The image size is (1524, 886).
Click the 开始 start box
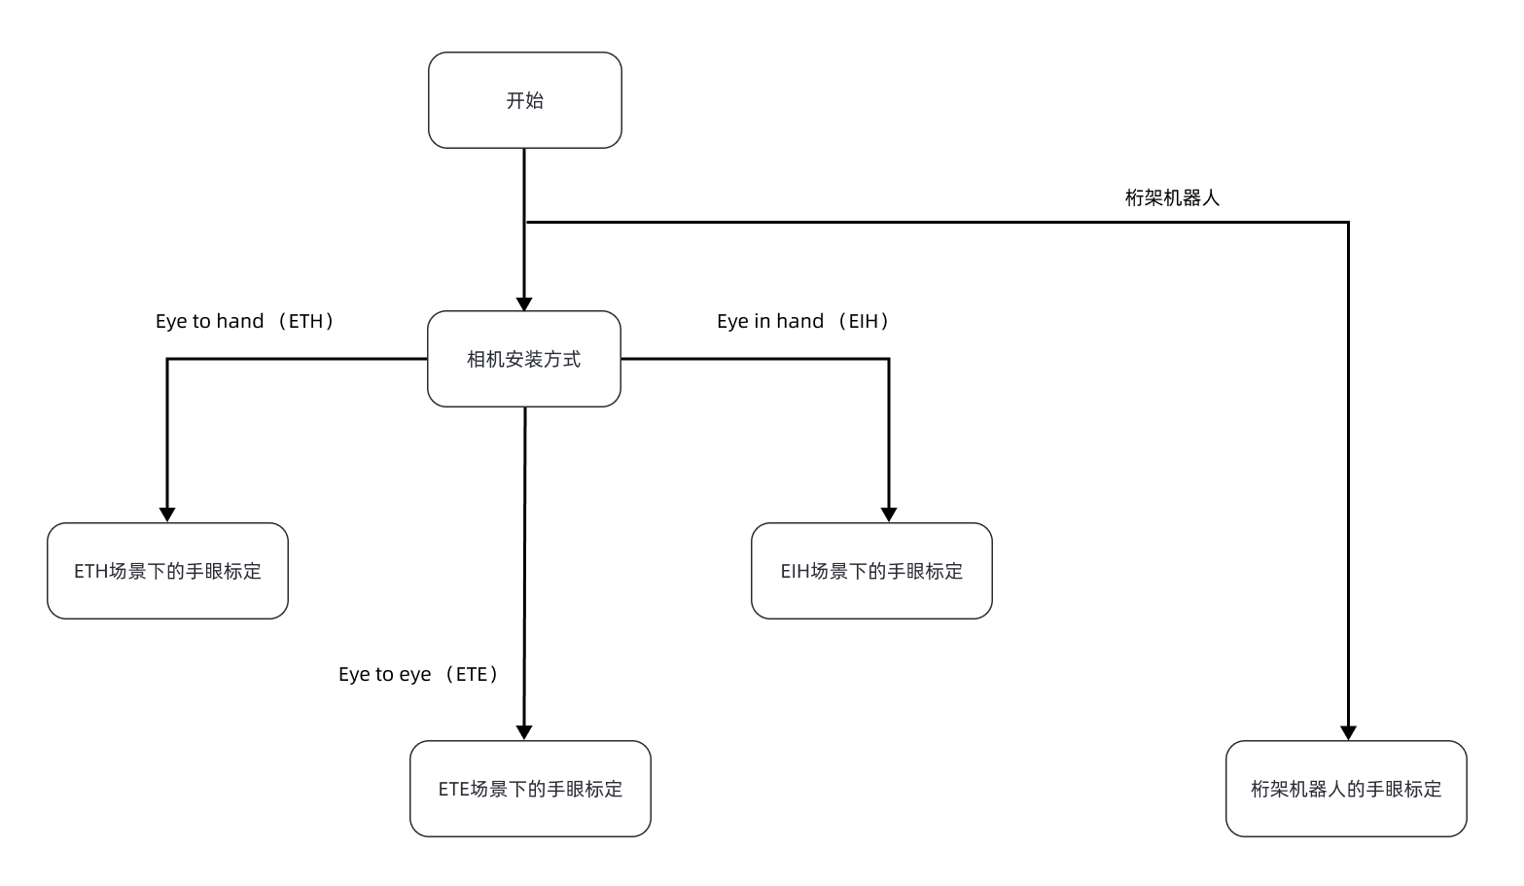(x=525, y=100)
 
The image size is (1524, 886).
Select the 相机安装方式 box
(x=524, y=359)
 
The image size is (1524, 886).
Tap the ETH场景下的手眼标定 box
(x=167, y=571)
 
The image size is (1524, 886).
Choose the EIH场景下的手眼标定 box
(x=871, y=571)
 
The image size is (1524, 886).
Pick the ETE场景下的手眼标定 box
(x=530, y=789)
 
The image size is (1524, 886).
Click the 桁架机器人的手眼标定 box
(x=1346, y=789)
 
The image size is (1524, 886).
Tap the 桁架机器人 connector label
(x=1172, y=197)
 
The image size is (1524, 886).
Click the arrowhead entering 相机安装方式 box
(x=524, y=303)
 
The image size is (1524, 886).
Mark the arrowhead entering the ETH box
(x=167, y=515)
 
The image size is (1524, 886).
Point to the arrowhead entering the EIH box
(x=888, y=515)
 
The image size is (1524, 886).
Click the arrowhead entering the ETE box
(x=524, y=733)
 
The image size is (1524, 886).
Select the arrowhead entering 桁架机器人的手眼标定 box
(x=1348, y=733)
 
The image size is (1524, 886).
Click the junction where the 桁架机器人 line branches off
(x=525, y=223)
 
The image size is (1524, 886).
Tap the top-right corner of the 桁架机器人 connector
(x=1348, y=223)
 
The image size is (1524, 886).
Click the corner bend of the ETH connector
(x=167, y=359)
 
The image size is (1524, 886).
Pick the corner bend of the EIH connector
(x=888, y=359)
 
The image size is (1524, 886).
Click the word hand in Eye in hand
(x=799, y=321)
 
